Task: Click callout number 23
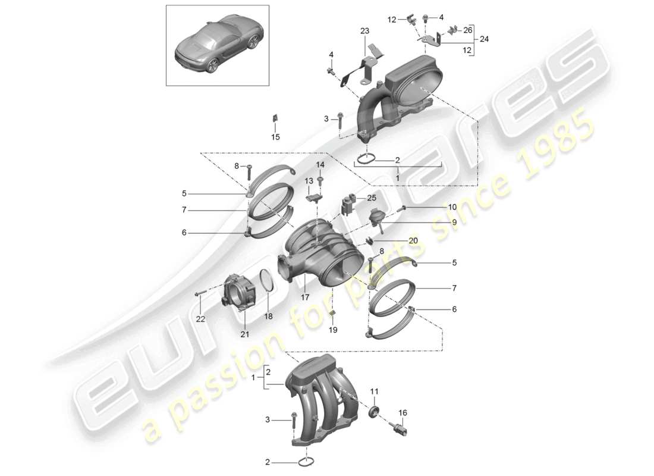(x=364, y=30)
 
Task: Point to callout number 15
(x=275, y=137)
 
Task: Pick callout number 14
(x=320, y=164)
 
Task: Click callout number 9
(x=453, y=222)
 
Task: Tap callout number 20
(x=413, y=240)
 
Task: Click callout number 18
(x=268, y=317)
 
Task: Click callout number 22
(x=200, y=319)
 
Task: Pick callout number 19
(x=332, y=329)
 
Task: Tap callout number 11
(x=374, y=391)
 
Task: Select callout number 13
(x=309, y=180)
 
